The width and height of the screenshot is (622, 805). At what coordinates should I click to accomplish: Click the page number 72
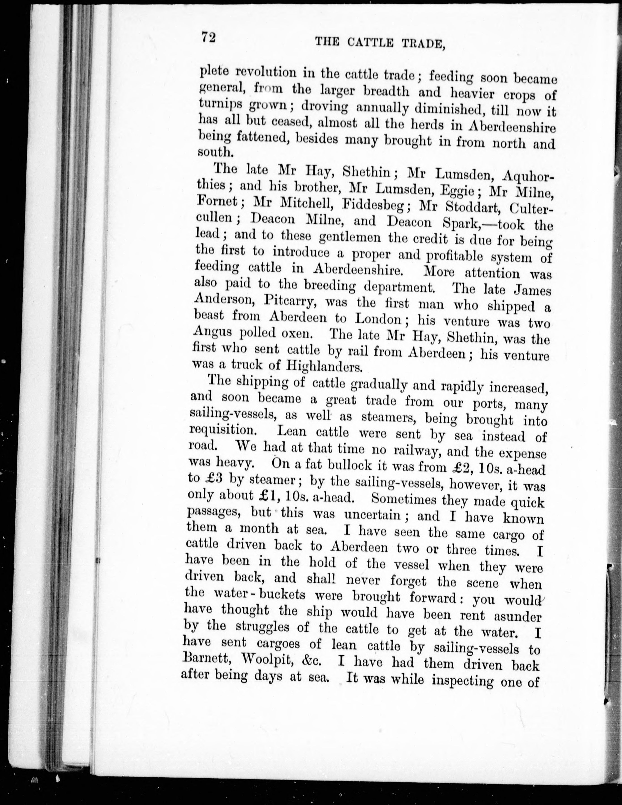208,38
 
